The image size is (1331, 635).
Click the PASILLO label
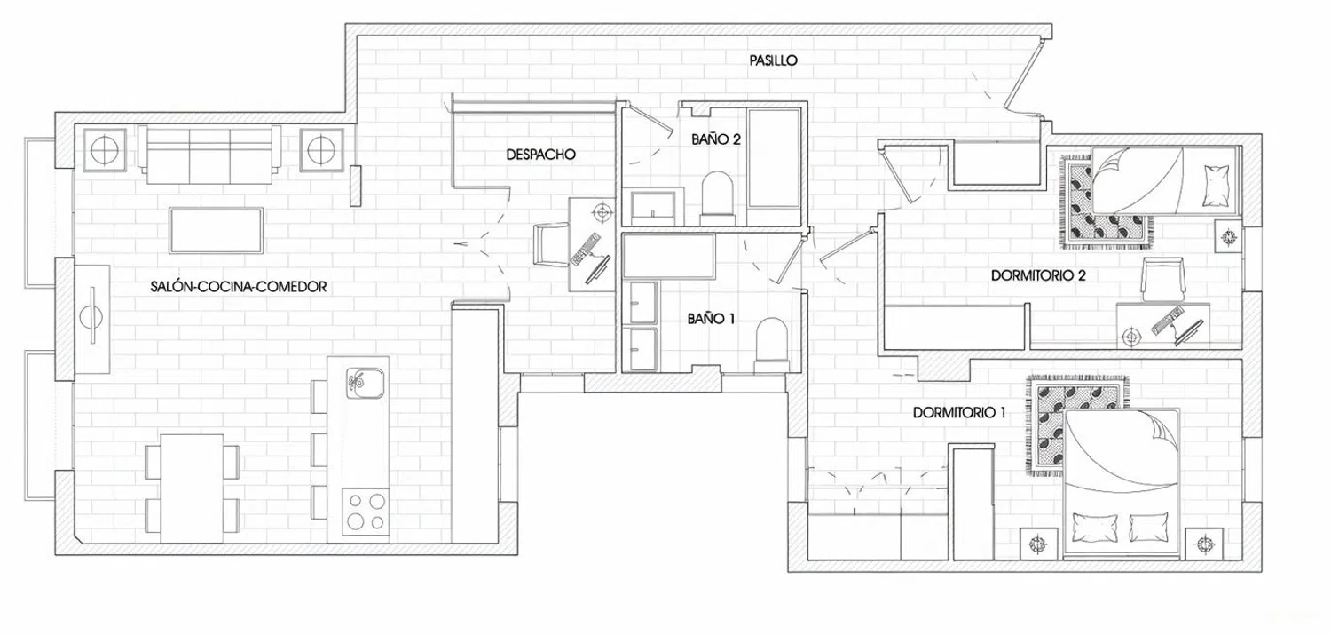(773, 60)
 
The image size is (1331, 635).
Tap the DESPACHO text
(540, 154)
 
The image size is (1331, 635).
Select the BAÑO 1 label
(711, 319)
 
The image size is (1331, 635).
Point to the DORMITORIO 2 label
(1038, 275)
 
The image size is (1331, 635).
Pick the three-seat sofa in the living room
(209, 154)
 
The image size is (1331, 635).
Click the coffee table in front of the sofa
(216, 229)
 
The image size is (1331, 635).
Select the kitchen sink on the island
(365, 384)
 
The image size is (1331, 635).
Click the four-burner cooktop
(366, 511)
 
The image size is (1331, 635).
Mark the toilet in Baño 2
(716, 196)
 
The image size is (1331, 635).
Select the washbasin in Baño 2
(654, 206)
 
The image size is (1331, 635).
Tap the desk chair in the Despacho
(550, 243)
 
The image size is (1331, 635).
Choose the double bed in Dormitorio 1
(1122, 484)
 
